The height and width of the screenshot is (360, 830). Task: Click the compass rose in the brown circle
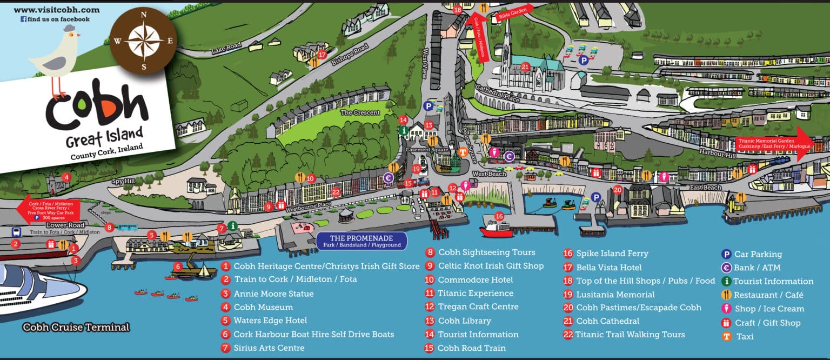tap(143, 41)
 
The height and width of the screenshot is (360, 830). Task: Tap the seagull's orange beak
tap(78, 36)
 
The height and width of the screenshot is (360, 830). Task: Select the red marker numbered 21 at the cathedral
tap(525, 67)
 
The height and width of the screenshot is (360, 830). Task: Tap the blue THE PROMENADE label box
tap(361, 241)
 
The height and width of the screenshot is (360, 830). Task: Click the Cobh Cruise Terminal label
tap(76, 327)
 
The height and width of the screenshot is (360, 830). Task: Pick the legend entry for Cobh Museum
tap(263, 307)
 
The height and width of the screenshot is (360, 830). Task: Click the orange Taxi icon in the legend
tap(727, 337)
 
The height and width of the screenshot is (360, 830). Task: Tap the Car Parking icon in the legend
tap(727, 254)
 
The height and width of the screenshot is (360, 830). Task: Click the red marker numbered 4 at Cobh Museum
tap(66, 177)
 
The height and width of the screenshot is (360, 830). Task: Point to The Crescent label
tap(360, 112)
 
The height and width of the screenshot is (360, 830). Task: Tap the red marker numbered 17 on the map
tap(323, 55)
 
